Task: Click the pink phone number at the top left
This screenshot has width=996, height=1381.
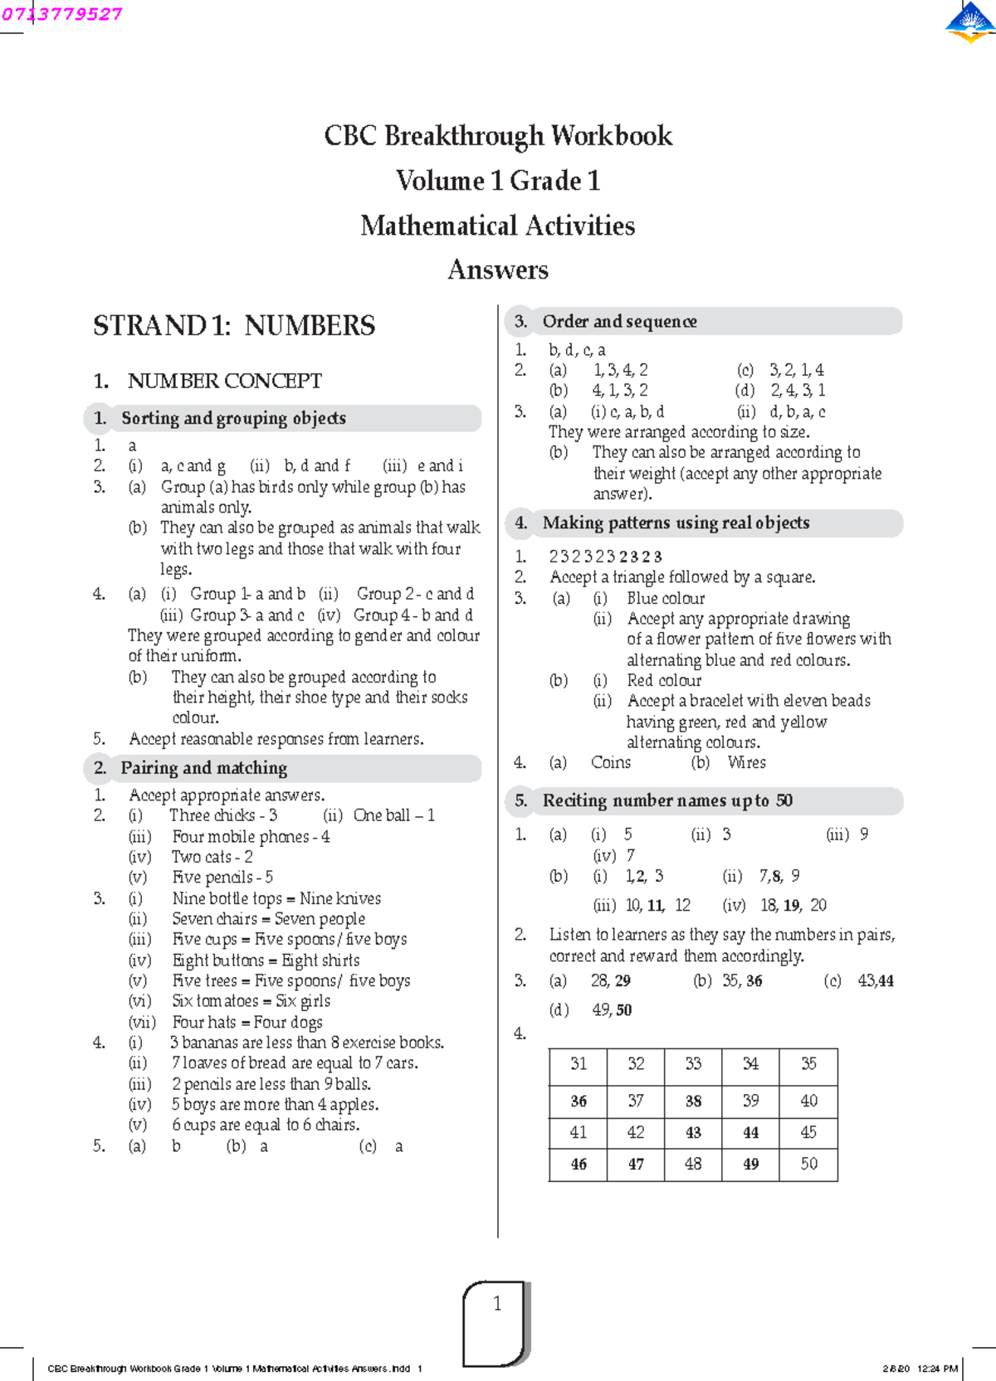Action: click(x=62, y=14)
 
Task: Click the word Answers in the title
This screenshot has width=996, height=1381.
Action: click(x=498, y=270)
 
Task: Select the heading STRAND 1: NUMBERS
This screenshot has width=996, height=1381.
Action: click(x=234, y=326)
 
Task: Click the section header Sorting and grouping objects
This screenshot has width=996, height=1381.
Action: click(x=233, y=418)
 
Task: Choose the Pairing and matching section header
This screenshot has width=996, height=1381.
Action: click(x=204, y=768)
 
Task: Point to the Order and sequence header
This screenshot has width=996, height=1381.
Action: click(x=619, y=322)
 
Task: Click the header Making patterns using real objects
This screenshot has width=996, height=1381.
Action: click(x=676, y=523)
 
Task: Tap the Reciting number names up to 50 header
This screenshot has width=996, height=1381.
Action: click(x=667, y=800)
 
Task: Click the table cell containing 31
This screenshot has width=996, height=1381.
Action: click(x=579, y=1064)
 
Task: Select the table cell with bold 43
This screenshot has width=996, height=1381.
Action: click(x=693, y=1133)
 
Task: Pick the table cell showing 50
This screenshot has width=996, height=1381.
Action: click(x=808, y=1165)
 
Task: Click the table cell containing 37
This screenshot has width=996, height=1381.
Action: click(x=636, y=1101)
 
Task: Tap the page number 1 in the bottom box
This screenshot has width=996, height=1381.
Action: click(x=497, y=1304)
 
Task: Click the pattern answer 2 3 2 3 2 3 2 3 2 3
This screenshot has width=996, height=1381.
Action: click(x=606, y=557)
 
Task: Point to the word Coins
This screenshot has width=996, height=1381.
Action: click(x=611, y=762)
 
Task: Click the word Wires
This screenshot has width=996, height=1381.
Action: click(x=746, y=762)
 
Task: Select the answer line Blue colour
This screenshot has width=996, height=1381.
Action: click(x=666, y=599)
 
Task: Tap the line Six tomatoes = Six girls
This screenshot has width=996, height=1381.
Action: click(x=251, y=1001)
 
